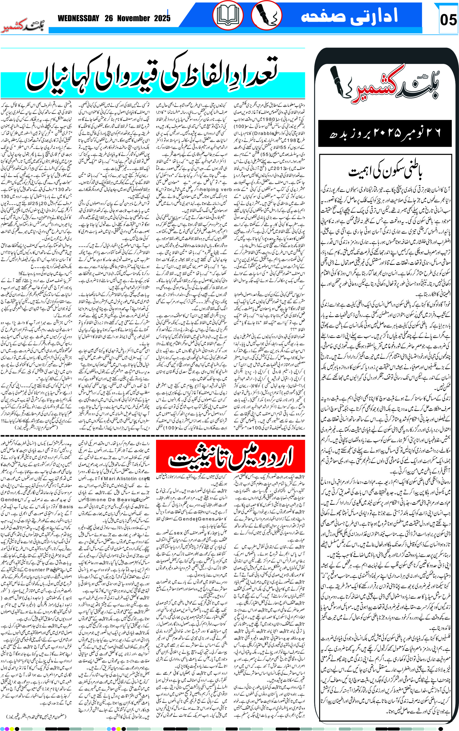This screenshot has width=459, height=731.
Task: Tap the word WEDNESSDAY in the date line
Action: click(x=78, y=19)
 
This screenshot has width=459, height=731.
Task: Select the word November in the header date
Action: click(x=133, y=19)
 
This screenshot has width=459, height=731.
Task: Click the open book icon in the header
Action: click(x=228, y=15)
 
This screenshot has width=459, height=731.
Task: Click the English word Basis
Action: click(x=66, y=506)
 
